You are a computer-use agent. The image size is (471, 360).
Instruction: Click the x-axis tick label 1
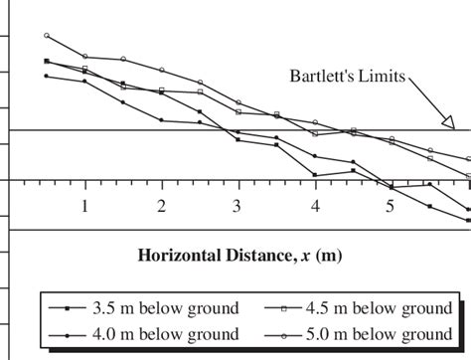click(85, 206)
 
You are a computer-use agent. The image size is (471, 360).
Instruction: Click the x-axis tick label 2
click(162, 206)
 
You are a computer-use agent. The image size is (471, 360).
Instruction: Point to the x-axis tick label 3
click(237, 206)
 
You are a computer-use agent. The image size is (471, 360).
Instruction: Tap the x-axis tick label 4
click(315, 206)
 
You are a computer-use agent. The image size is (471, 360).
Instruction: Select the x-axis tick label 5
click(391, 206)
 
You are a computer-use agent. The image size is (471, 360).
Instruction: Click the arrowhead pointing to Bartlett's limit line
click(448, 123)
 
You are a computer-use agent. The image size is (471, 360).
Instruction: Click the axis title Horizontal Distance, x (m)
click(239, 255)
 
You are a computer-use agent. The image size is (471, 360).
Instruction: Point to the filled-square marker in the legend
click(65, 306)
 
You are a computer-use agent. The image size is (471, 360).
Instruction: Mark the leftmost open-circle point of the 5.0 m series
click(47, 36)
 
